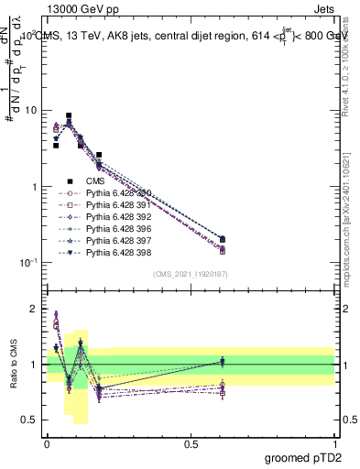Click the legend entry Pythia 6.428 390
point(115,193)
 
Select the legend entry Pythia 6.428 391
point(115,205)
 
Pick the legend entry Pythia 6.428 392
point(115,217)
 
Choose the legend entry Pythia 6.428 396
point(115,229)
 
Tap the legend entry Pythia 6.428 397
point(115,241)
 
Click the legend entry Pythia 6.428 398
point(115,253)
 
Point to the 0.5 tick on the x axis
point(191,443)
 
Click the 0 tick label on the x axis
point(47,443)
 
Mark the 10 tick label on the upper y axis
point(30,111)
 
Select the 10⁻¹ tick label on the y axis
point(27,263)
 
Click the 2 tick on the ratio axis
point(35,309)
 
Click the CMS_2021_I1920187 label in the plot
point(191,273)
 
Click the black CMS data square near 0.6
point(223,239)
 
